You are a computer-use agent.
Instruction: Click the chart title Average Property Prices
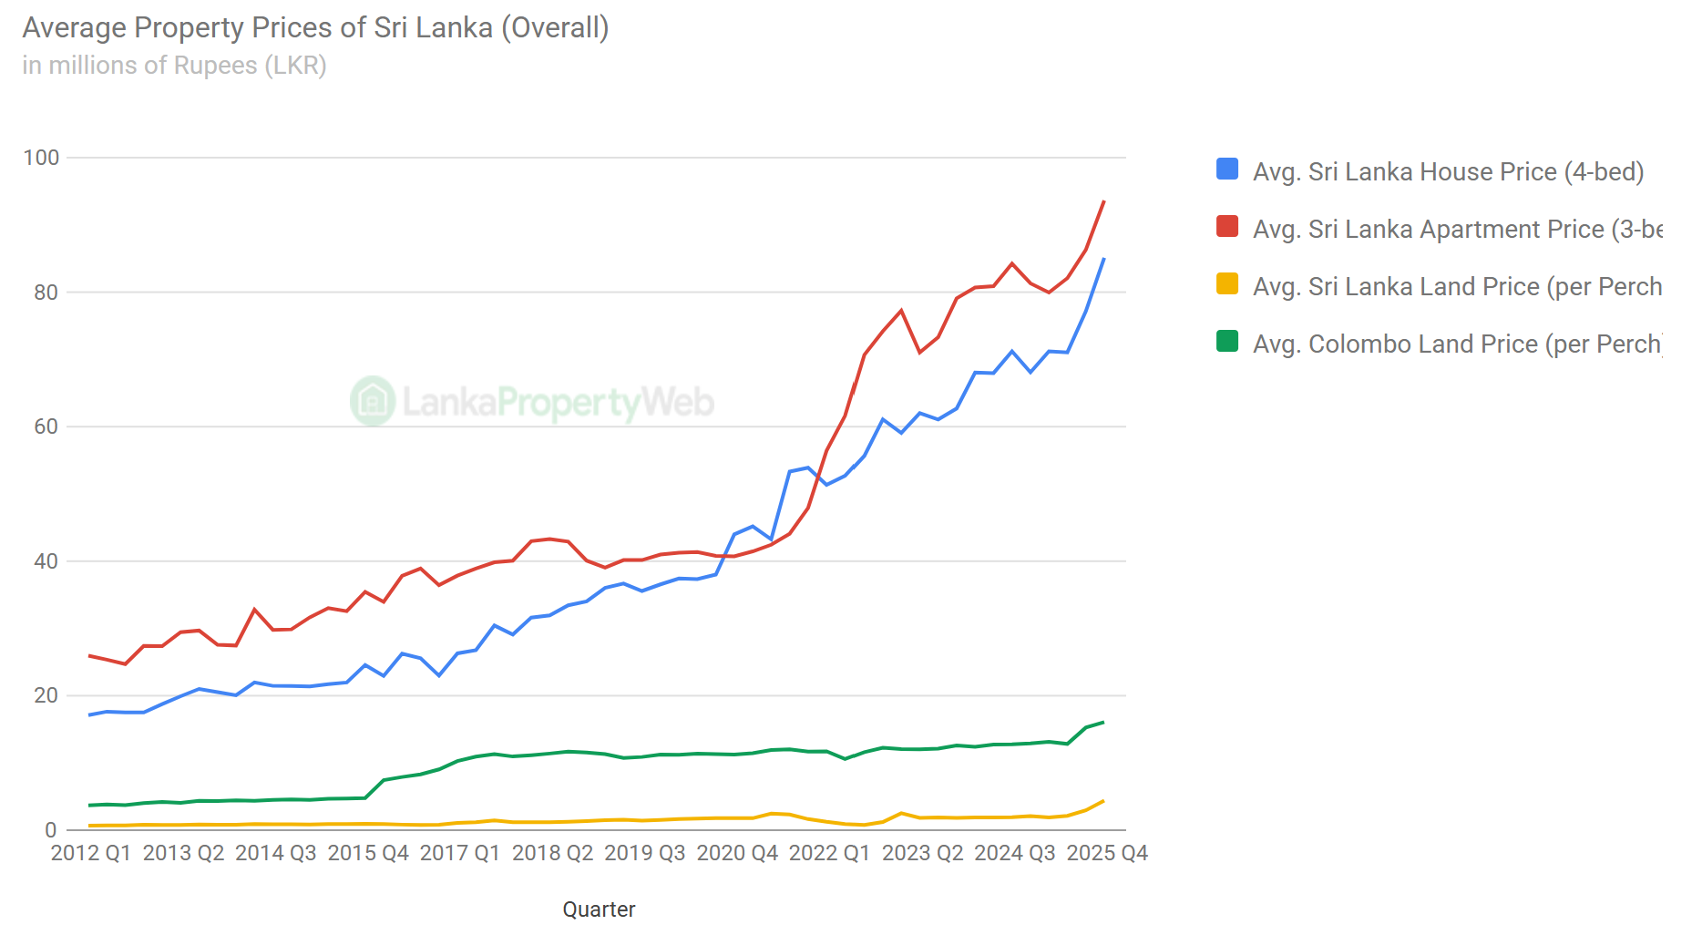(315, 27)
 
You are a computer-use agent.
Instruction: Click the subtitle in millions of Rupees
(174, 66)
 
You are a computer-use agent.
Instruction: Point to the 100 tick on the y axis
(41, 158)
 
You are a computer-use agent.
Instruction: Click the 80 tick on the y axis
(46, 293)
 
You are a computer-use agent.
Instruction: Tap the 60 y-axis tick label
(46, 426)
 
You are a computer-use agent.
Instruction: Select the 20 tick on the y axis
(46, 695)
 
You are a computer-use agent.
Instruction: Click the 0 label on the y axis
(51, 830)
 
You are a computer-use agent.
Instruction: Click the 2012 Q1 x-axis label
(90, 853)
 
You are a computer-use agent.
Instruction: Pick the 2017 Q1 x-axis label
(460, 853)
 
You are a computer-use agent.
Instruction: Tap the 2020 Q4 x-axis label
(737, 853)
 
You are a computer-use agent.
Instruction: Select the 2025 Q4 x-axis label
(1107, 853)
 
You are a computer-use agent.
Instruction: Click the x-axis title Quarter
(599, 909)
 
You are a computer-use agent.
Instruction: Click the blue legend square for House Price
(1227, 170)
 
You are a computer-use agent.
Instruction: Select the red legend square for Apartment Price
(1227, 227)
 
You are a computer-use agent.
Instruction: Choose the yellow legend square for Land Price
(1227, 284)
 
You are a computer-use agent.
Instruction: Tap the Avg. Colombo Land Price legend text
(1456, 344)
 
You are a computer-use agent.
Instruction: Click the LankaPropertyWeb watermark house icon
(373, 401)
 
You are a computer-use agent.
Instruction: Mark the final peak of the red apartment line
(1104, 201)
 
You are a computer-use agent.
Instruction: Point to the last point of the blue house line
(1104, 259)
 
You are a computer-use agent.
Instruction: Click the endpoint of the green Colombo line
(1103, 723)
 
